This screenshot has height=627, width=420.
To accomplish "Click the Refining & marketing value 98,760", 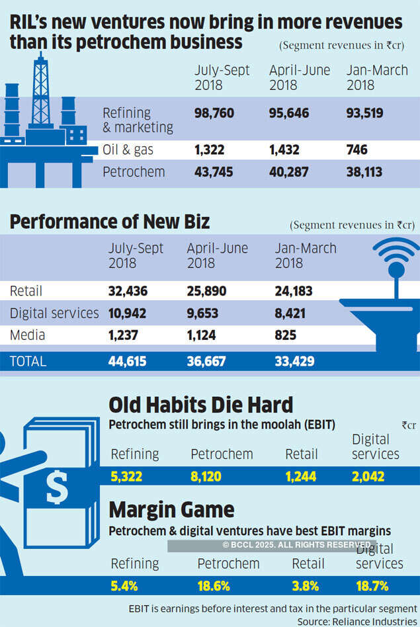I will [214, 113].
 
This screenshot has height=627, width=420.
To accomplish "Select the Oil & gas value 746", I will [357, 150].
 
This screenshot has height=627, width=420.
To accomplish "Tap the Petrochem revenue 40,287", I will [289, 173].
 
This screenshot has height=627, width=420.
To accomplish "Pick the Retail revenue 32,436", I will [128, 290].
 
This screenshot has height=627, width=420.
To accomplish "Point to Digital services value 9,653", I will [206, 313].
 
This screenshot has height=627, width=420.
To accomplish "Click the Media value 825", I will [285, 335].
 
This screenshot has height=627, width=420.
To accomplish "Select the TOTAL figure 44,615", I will [127, 362].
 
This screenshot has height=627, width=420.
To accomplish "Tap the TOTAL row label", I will [28, 362].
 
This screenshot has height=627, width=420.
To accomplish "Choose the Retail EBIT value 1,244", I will [300, 476].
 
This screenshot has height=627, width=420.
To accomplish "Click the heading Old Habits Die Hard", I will [200, 405].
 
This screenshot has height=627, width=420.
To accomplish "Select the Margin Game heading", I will [171, 510].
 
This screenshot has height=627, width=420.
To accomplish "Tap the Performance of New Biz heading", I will [109, 222].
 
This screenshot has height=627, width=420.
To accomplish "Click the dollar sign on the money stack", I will [56, 487].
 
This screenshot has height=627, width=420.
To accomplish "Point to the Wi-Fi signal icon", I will [396, 253].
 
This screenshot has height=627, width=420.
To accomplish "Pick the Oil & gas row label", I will [128, 150].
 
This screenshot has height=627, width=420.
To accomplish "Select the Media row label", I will [27, 335].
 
